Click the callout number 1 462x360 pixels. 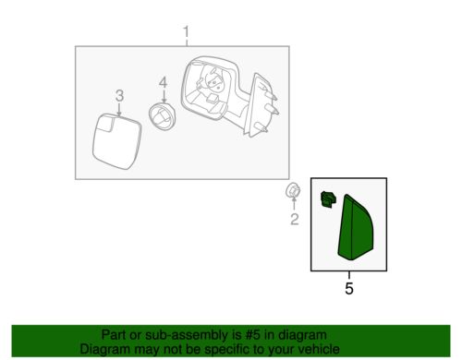click(186, 32)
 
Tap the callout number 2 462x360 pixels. click(295, 220)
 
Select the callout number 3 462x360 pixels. click(119, 96)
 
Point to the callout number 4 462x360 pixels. click(163, 82)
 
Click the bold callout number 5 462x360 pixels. click(349, 289)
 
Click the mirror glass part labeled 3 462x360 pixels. click(116, 141)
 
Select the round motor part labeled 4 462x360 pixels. click(162, 116)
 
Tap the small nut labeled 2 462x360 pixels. click(293, 191)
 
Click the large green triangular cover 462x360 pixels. click(356, 228)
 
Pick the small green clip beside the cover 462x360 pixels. click(328, 199)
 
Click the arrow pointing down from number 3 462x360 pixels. click(119, 110)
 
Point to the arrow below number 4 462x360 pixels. click(164, 96)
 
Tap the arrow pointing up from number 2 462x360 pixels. click(294, 204)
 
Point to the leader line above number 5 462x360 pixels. click(349, 275)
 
